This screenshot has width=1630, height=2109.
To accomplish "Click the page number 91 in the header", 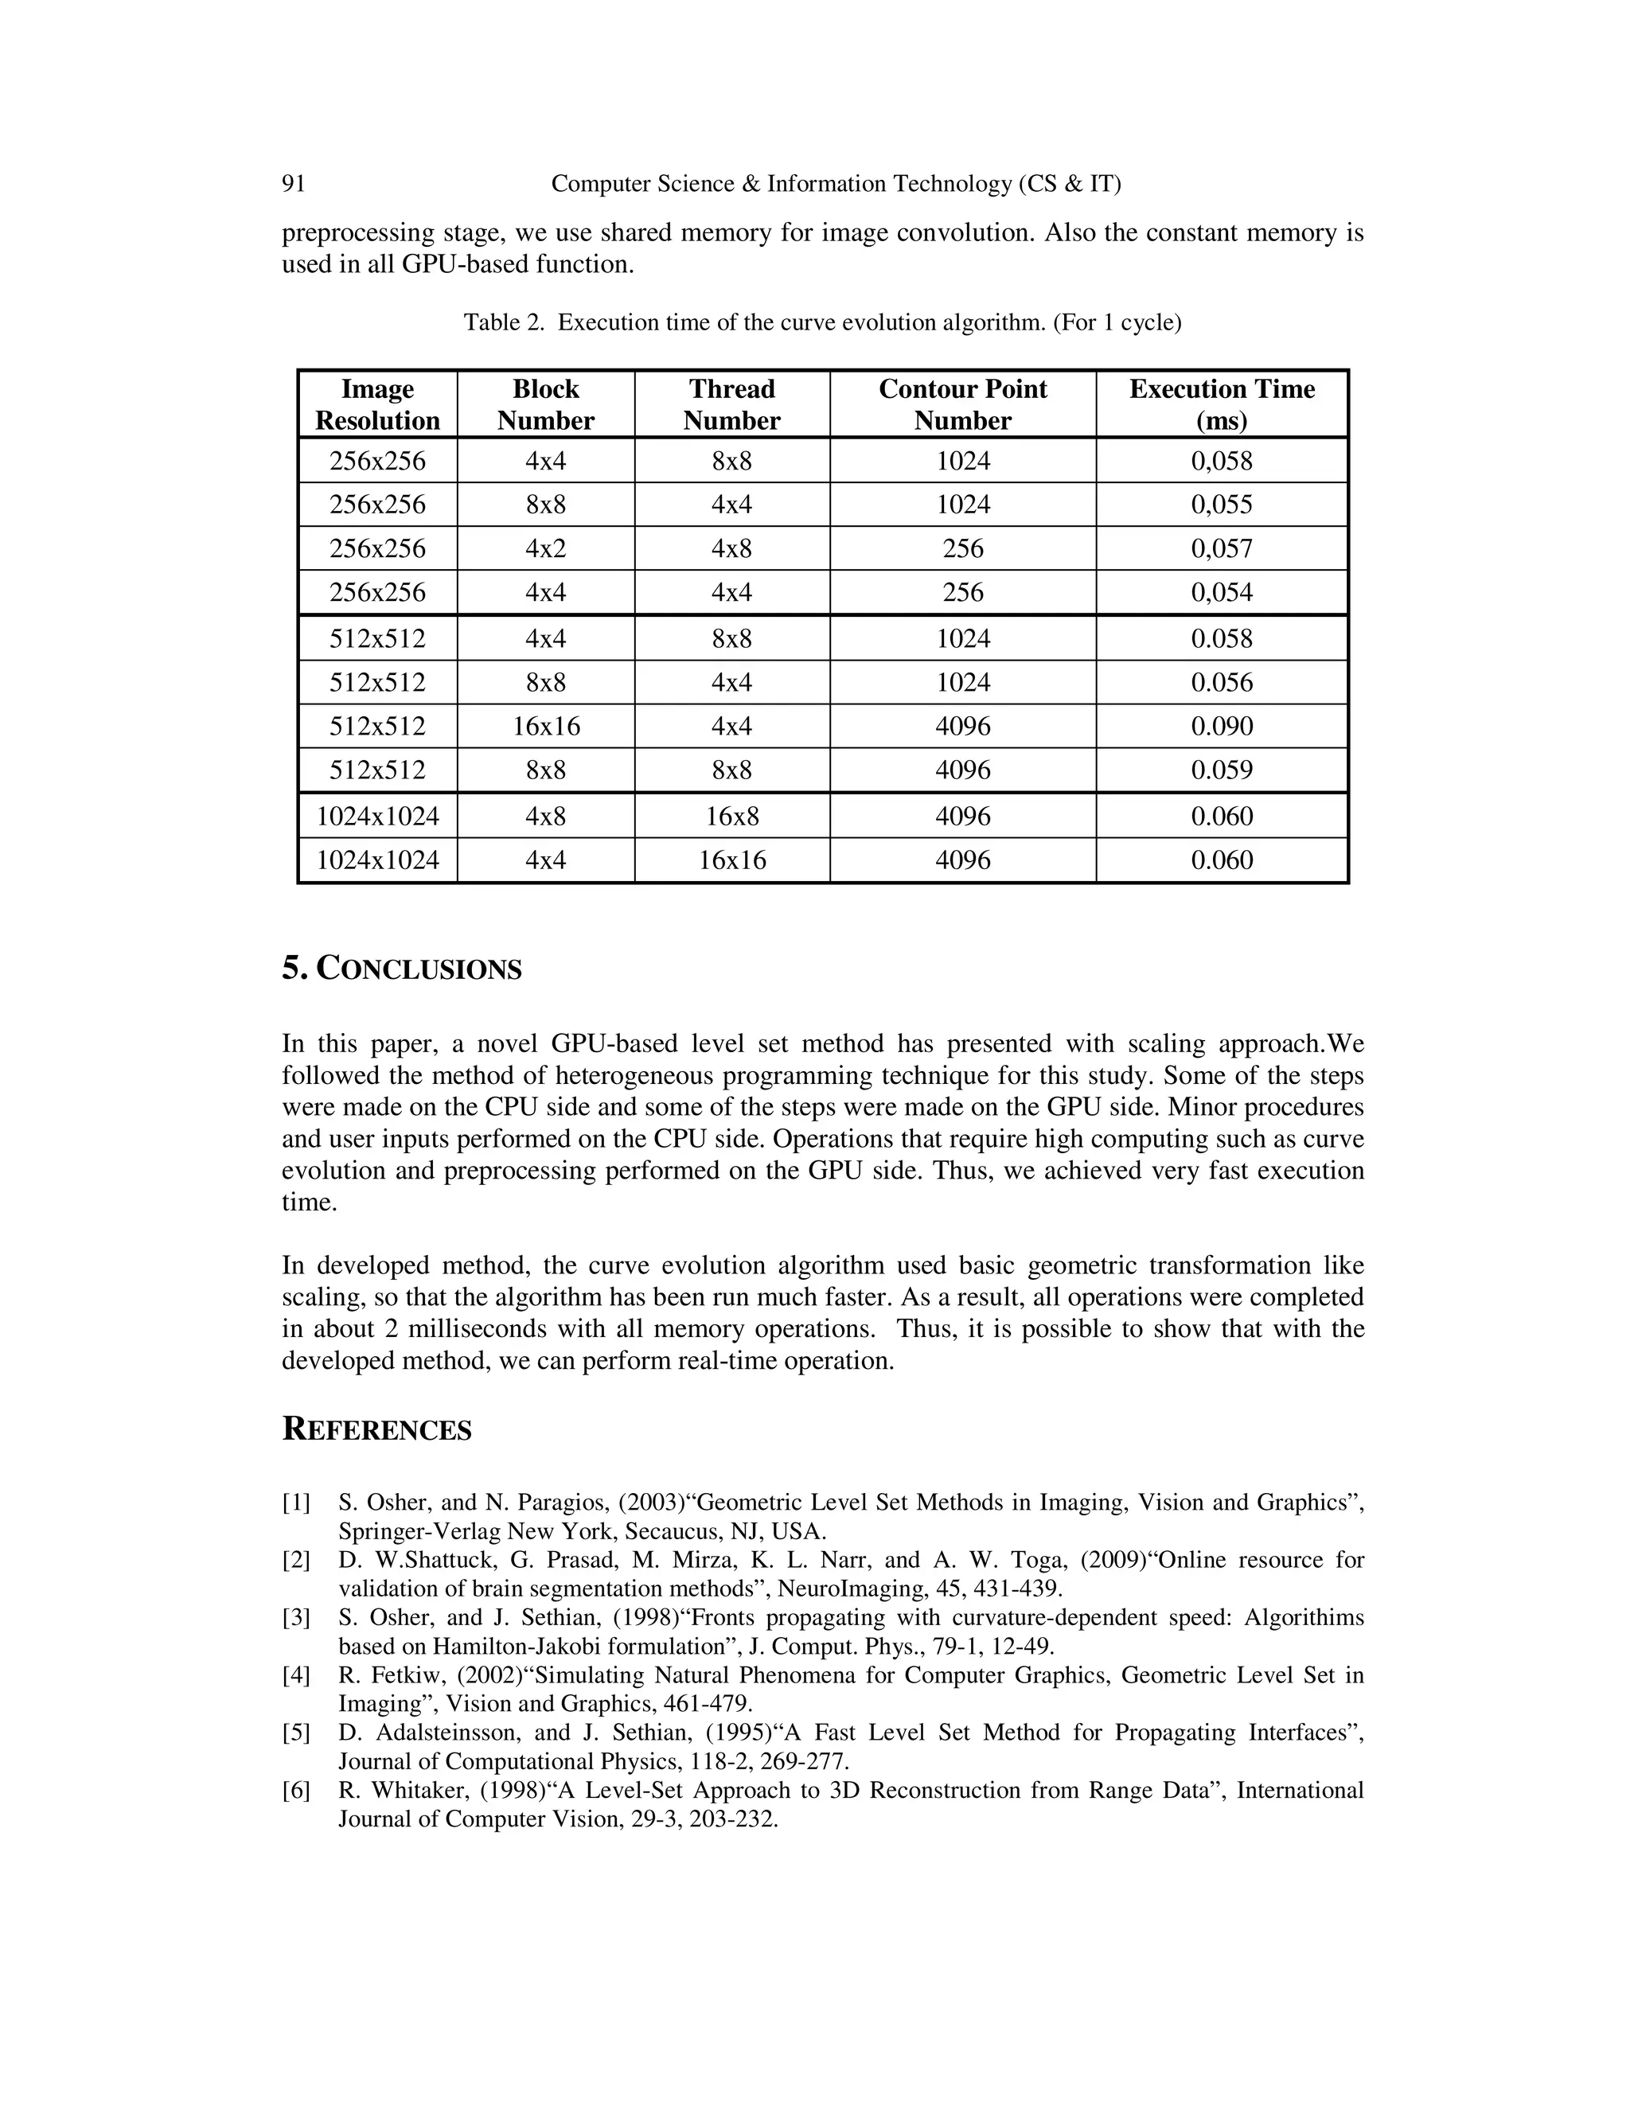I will tap(294, 184).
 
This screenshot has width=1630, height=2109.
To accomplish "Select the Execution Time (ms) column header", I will tap(1222, 404).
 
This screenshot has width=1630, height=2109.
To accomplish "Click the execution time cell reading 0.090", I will tap(1222, 726).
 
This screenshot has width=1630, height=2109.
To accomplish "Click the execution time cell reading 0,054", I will tap(1222, 592).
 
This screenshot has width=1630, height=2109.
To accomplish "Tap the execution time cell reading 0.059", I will tap(1222, 770).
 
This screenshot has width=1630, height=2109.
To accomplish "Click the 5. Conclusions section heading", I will tap(402, 969).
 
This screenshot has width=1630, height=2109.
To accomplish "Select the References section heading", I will tap(376, 1429).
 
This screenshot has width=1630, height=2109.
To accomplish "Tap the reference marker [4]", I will tap(296, 1675).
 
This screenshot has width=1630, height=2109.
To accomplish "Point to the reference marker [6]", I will tap(296, 1791).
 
